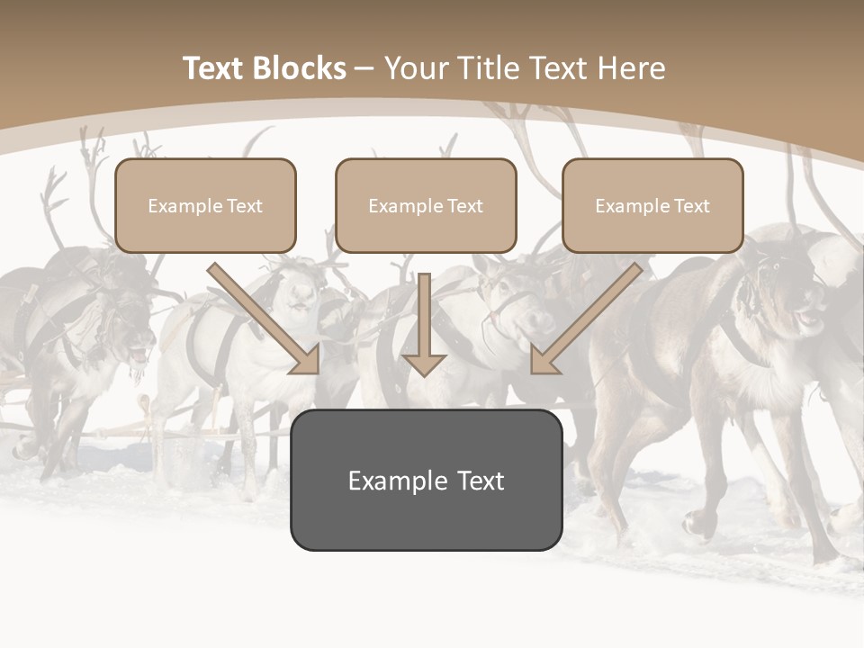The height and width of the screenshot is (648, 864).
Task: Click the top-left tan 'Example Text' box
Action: (205, 205)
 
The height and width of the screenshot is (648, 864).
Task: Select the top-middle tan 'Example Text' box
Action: (426, 205)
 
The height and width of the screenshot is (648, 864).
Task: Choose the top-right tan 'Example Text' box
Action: (652, 205)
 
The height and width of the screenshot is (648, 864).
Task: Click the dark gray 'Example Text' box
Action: (426, 480)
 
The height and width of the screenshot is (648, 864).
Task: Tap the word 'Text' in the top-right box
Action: (691, 206)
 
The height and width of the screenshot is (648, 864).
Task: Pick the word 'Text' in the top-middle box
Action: (464, 206)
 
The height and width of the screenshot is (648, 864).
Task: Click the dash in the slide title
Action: (364, 68)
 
